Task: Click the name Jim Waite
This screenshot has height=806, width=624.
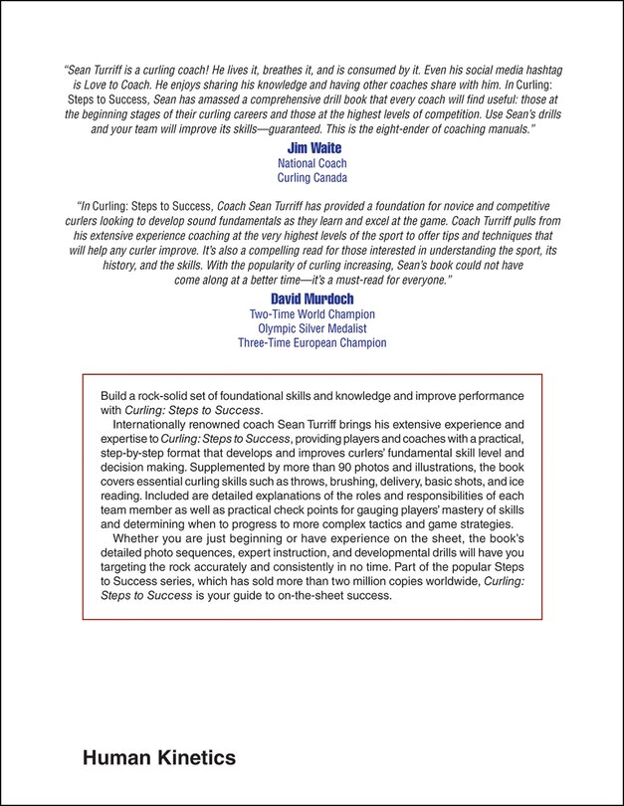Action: point(311,148)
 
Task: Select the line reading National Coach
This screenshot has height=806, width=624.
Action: point(311,163)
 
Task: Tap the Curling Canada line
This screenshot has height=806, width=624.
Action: point(311,178)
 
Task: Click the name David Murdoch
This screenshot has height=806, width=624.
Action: point(311,299)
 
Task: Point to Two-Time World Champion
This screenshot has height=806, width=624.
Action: point(312,313)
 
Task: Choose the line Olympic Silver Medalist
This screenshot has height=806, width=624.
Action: point(312,328)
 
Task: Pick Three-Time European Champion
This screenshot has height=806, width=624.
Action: point(312,343)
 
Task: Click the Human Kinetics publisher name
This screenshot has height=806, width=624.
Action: point(159,758)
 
